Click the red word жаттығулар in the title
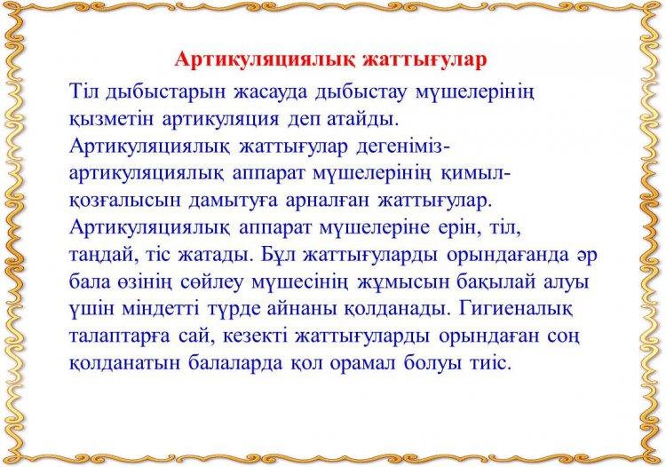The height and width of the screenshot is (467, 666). pos(424,59)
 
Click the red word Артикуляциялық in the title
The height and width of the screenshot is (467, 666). pos(265,60)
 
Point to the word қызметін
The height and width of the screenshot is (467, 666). pos(112,120)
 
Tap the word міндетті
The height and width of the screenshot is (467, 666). pos(160,310)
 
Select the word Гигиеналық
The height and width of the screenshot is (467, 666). pos(516,311)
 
